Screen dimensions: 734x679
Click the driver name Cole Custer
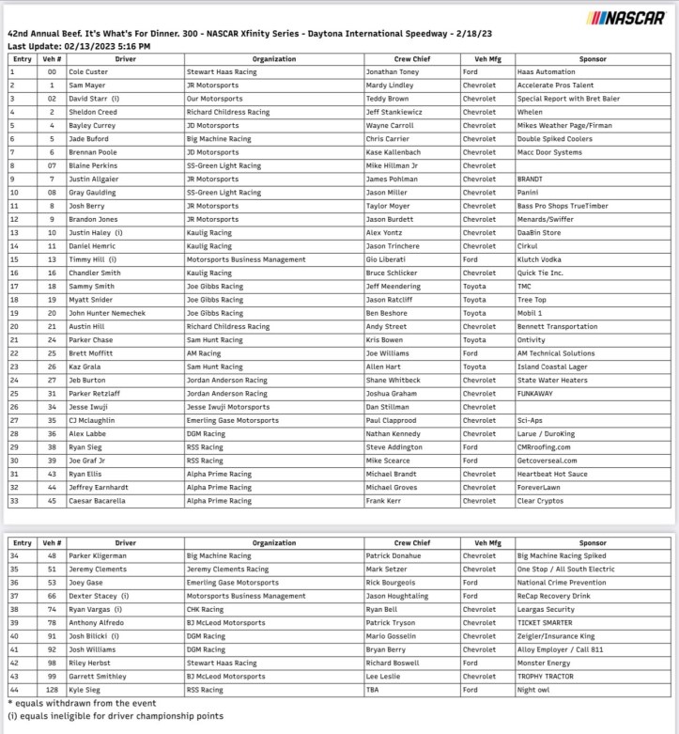point(89,71)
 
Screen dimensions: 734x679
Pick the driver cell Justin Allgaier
point(95,179)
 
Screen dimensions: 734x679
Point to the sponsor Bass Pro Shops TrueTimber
point(563,205)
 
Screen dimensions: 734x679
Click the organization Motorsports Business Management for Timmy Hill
point(245,258)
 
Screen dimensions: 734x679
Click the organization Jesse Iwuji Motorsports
point(229,406)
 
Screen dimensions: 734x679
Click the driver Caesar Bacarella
point(99,500)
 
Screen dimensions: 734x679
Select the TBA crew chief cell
point(374,689)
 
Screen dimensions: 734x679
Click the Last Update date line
point(79,46)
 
